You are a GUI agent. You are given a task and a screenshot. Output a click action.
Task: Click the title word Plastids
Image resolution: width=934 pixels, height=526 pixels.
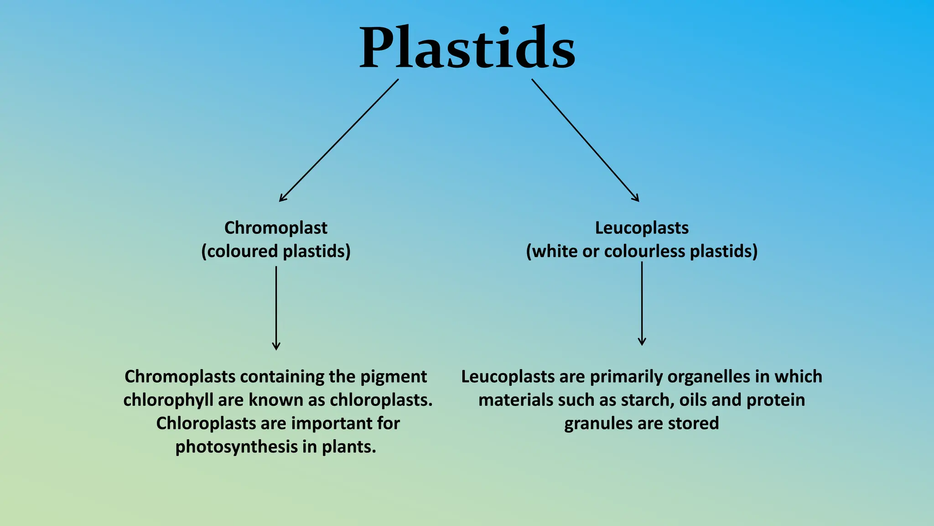click(467, 48)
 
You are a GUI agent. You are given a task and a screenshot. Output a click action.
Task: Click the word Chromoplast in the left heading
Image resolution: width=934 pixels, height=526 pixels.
click(275, 228)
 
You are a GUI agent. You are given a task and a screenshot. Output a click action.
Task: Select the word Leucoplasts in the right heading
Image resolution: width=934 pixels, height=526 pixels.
click(642, 228)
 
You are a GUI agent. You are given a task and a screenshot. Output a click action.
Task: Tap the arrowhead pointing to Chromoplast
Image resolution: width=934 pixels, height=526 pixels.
click(282, 199)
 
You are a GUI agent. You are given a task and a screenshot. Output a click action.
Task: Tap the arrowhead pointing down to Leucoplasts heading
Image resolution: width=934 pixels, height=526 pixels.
click(636, 198)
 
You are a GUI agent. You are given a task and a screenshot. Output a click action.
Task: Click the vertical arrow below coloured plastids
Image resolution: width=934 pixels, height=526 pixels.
click(276, 308)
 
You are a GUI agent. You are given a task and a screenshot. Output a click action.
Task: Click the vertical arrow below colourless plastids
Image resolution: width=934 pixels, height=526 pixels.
click(642, 304)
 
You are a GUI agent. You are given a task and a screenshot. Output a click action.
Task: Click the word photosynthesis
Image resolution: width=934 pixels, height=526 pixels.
click(237, 447)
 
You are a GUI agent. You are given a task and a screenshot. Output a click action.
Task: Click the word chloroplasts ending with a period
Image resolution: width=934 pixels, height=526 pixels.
click(381, 400)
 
